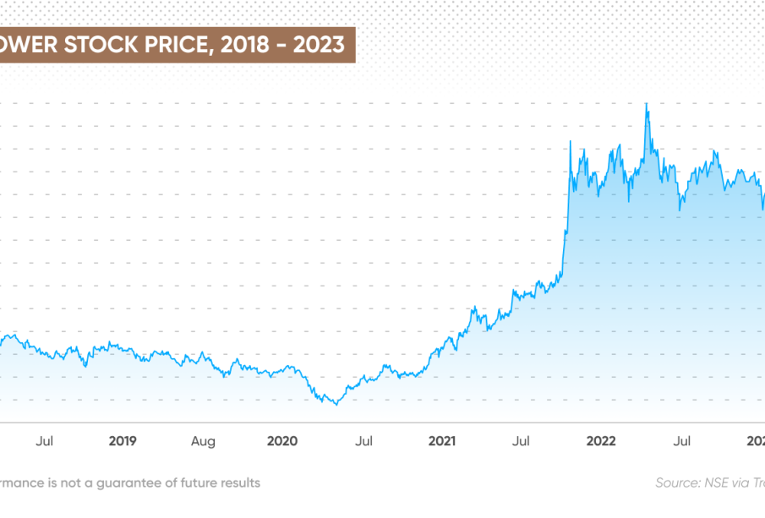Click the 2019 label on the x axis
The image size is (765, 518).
123,440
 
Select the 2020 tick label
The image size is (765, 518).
282,440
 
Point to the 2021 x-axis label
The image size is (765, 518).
442,440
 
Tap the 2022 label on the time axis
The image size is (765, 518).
601,440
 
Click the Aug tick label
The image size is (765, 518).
203,440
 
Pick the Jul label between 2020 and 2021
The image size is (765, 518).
364,440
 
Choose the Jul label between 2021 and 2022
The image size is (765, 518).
522,440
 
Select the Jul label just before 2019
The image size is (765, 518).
46,440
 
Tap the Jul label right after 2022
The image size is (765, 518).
681,440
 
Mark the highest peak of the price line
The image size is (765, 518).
647,104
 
